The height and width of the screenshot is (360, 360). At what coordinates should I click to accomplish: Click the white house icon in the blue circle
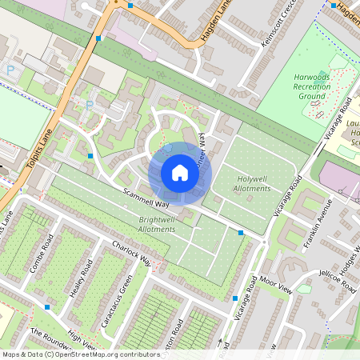pos(180,173)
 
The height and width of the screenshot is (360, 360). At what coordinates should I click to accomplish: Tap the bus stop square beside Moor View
pos(235,298)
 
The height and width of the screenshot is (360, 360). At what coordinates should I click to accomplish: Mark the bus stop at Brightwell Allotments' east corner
pos(241,232)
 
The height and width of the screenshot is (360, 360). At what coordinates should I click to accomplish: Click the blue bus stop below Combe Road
pos(47,306)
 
